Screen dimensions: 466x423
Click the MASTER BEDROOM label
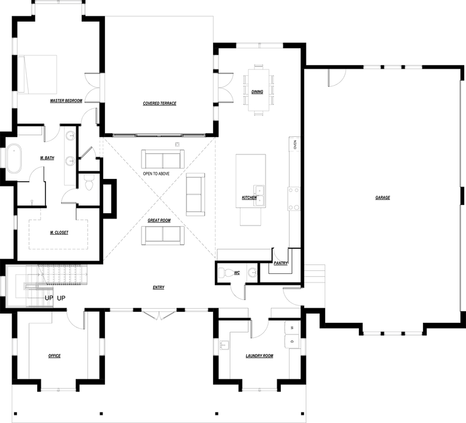coord(66,101)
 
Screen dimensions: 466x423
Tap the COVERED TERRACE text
coord(160,104)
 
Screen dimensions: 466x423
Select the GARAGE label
coord(383,198)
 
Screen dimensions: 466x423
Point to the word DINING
coord(257,92)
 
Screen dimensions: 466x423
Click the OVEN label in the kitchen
coord(295,144)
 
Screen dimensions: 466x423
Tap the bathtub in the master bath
coord(14,158)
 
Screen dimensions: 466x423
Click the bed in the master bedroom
coord(37,75)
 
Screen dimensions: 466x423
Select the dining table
coord(259,90)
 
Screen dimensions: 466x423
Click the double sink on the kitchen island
coord(259,196)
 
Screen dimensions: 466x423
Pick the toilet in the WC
coord(226,273)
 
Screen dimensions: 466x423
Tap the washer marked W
coord(292,327)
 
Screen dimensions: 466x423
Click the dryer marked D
coord(292,341)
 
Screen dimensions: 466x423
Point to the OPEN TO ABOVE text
coord(156,174)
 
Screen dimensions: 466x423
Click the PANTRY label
coord(281,263)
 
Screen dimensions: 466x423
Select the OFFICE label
coord(54,356)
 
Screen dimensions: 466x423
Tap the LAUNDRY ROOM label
coord(259,356)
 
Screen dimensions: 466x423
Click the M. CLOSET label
coord(59,232)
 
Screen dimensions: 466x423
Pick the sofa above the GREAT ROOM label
coord(163,159)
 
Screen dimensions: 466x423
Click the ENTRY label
coord(158,287)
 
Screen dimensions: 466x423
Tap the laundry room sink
coord(225,346)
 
